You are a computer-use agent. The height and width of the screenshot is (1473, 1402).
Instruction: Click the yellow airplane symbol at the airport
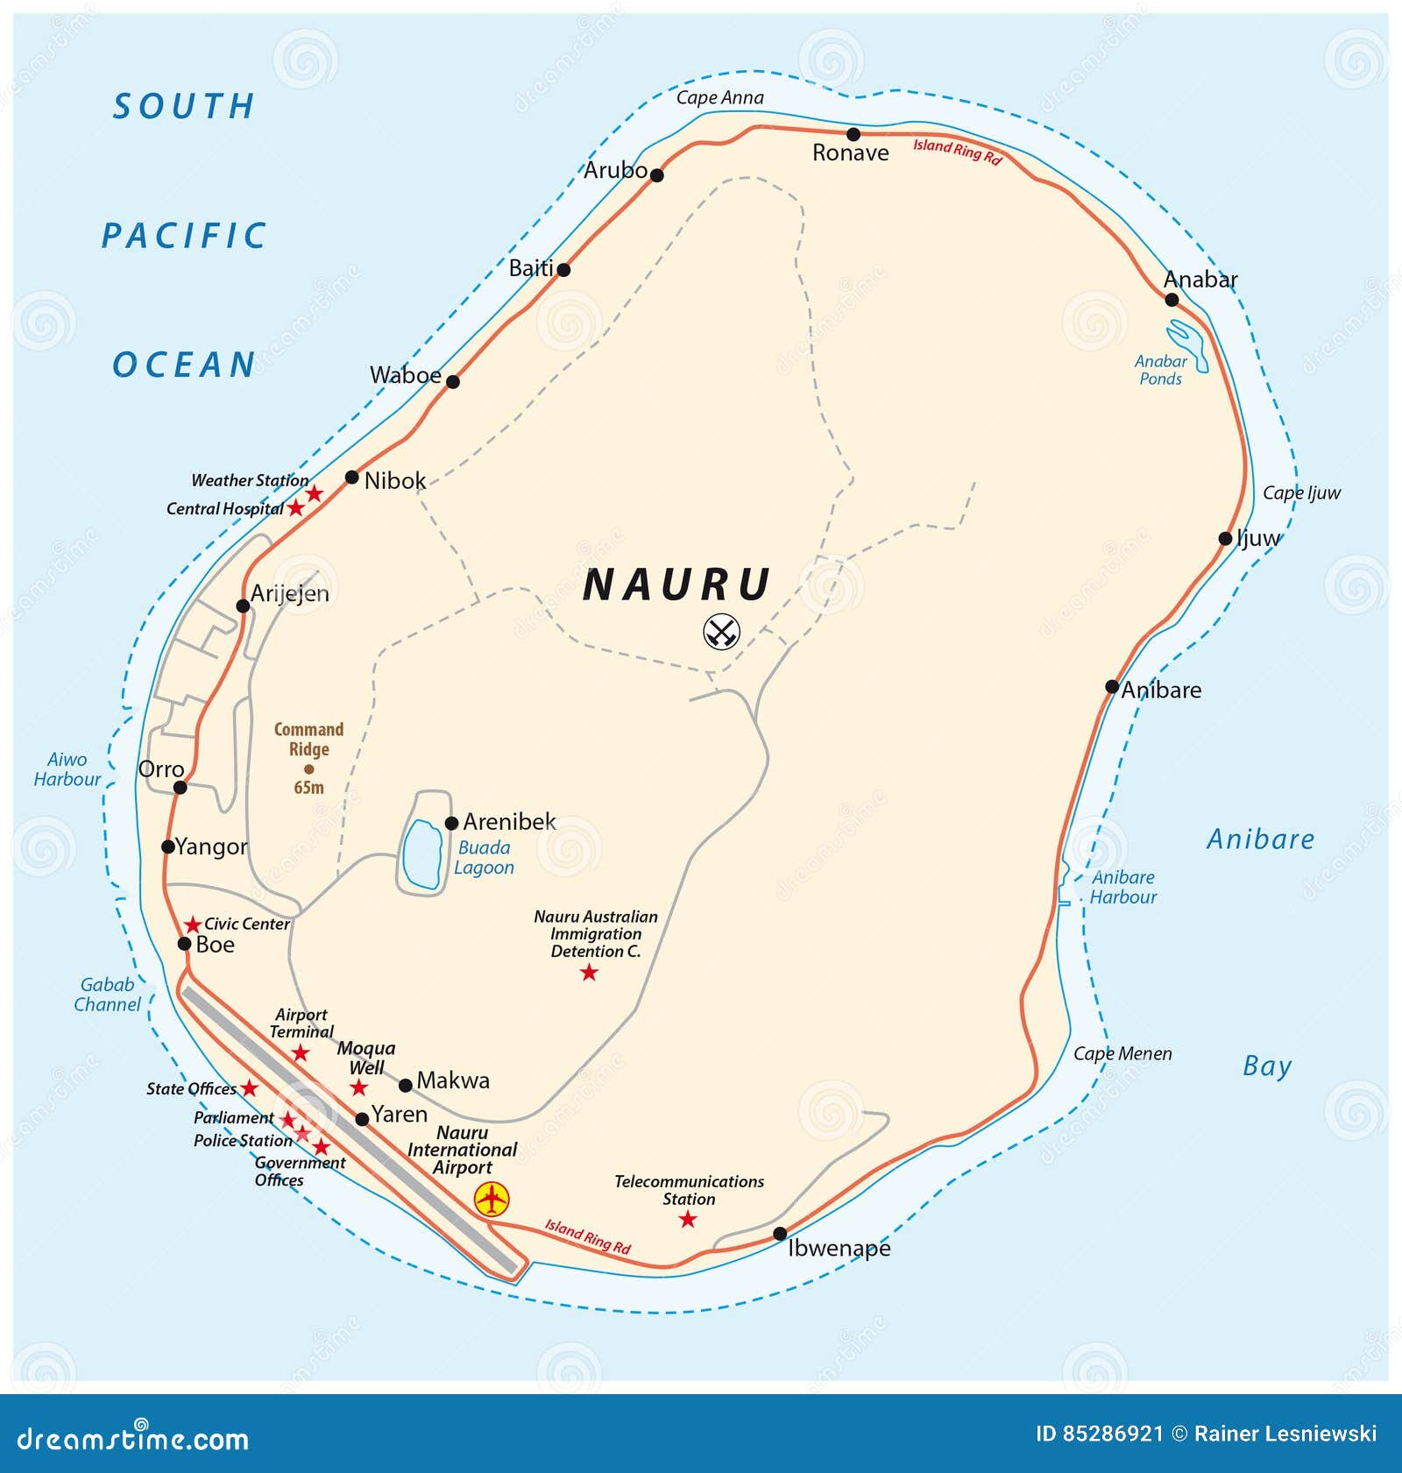coord(492,1199)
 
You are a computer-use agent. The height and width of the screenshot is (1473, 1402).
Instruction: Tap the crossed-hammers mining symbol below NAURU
coord(722,631)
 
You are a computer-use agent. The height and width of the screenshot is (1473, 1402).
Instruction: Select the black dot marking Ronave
coord(853,134)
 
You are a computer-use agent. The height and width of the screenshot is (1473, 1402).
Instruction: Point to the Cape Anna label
coord(719,97)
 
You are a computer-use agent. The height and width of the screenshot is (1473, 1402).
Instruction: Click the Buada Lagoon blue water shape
coord(422,854)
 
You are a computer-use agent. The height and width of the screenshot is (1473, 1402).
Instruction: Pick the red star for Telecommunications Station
coord(688,1220)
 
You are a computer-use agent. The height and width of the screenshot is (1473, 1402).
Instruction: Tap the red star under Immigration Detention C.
coord(589,973)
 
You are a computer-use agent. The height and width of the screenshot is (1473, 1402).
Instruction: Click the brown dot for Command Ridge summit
coord(308,769)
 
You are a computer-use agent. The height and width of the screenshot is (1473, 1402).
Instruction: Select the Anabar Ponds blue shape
coord(1189,344)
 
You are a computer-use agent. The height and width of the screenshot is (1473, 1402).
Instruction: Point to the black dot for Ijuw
coord(1225,539)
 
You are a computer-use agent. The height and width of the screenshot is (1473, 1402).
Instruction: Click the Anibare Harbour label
coord(1122,887)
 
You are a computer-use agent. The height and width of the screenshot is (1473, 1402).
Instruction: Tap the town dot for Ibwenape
coord(780,1234)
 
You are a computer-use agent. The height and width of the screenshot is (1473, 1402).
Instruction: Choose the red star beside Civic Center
coord(193,925)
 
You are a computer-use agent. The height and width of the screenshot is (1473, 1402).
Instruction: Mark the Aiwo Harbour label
coord(67,769)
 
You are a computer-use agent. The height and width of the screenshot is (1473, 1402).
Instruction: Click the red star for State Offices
coord(250,1088)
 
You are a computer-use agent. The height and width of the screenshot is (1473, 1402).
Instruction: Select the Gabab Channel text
coord(107,995)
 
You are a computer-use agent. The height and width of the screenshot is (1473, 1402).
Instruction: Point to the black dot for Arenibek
coord(451,823)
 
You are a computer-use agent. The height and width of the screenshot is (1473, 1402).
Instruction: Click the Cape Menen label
coord(1122,1053)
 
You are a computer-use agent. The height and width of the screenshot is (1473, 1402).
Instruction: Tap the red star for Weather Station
coord(314,494)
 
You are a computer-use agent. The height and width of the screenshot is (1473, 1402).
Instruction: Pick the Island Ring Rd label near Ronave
coord(956,152)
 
